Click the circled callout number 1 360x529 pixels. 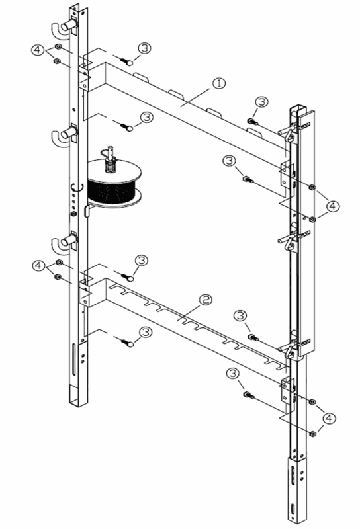(x=219, y=83)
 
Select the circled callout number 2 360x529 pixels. (x=206, y=300)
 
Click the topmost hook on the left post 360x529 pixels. (x=65, y=28)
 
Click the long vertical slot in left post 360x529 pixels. (x=74, y=359)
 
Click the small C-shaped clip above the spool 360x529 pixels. (x=76, y=188)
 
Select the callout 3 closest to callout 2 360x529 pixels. (x=240, y=316)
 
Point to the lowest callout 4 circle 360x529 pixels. (x=329, y=419)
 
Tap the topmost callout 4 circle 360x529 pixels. (x=37, y=50)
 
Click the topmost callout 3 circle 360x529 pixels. (x=144, y=48)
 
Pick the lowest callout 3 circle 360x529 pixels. (x=232, y=374)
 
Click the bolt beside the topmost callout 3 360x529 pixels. (x=127, y=61)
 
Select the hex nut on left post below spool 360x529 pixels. (x=73, y=214)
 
